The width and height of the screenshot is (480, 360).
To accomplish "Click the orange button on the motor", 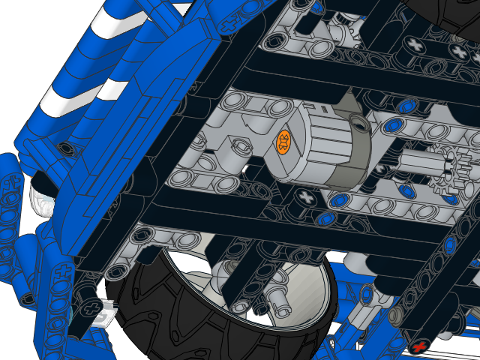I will [284, 140].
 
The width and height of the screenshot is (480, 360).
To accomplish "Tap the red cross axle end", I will [421, 346].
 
